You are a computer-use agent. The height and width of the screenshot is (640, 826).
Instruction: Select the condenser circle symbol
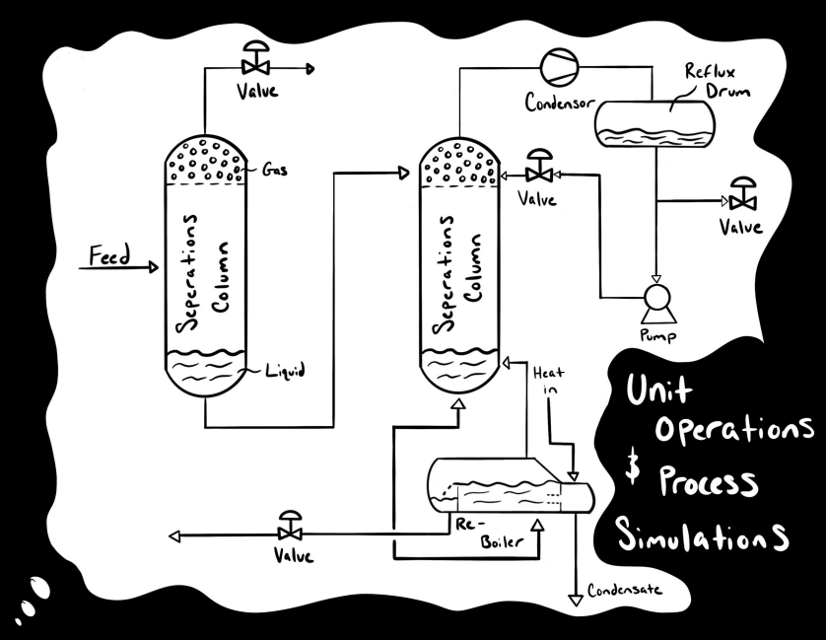coord(553,65)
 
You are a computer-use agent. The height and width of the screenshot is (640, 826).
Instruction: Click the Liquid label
coord(288,372)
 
